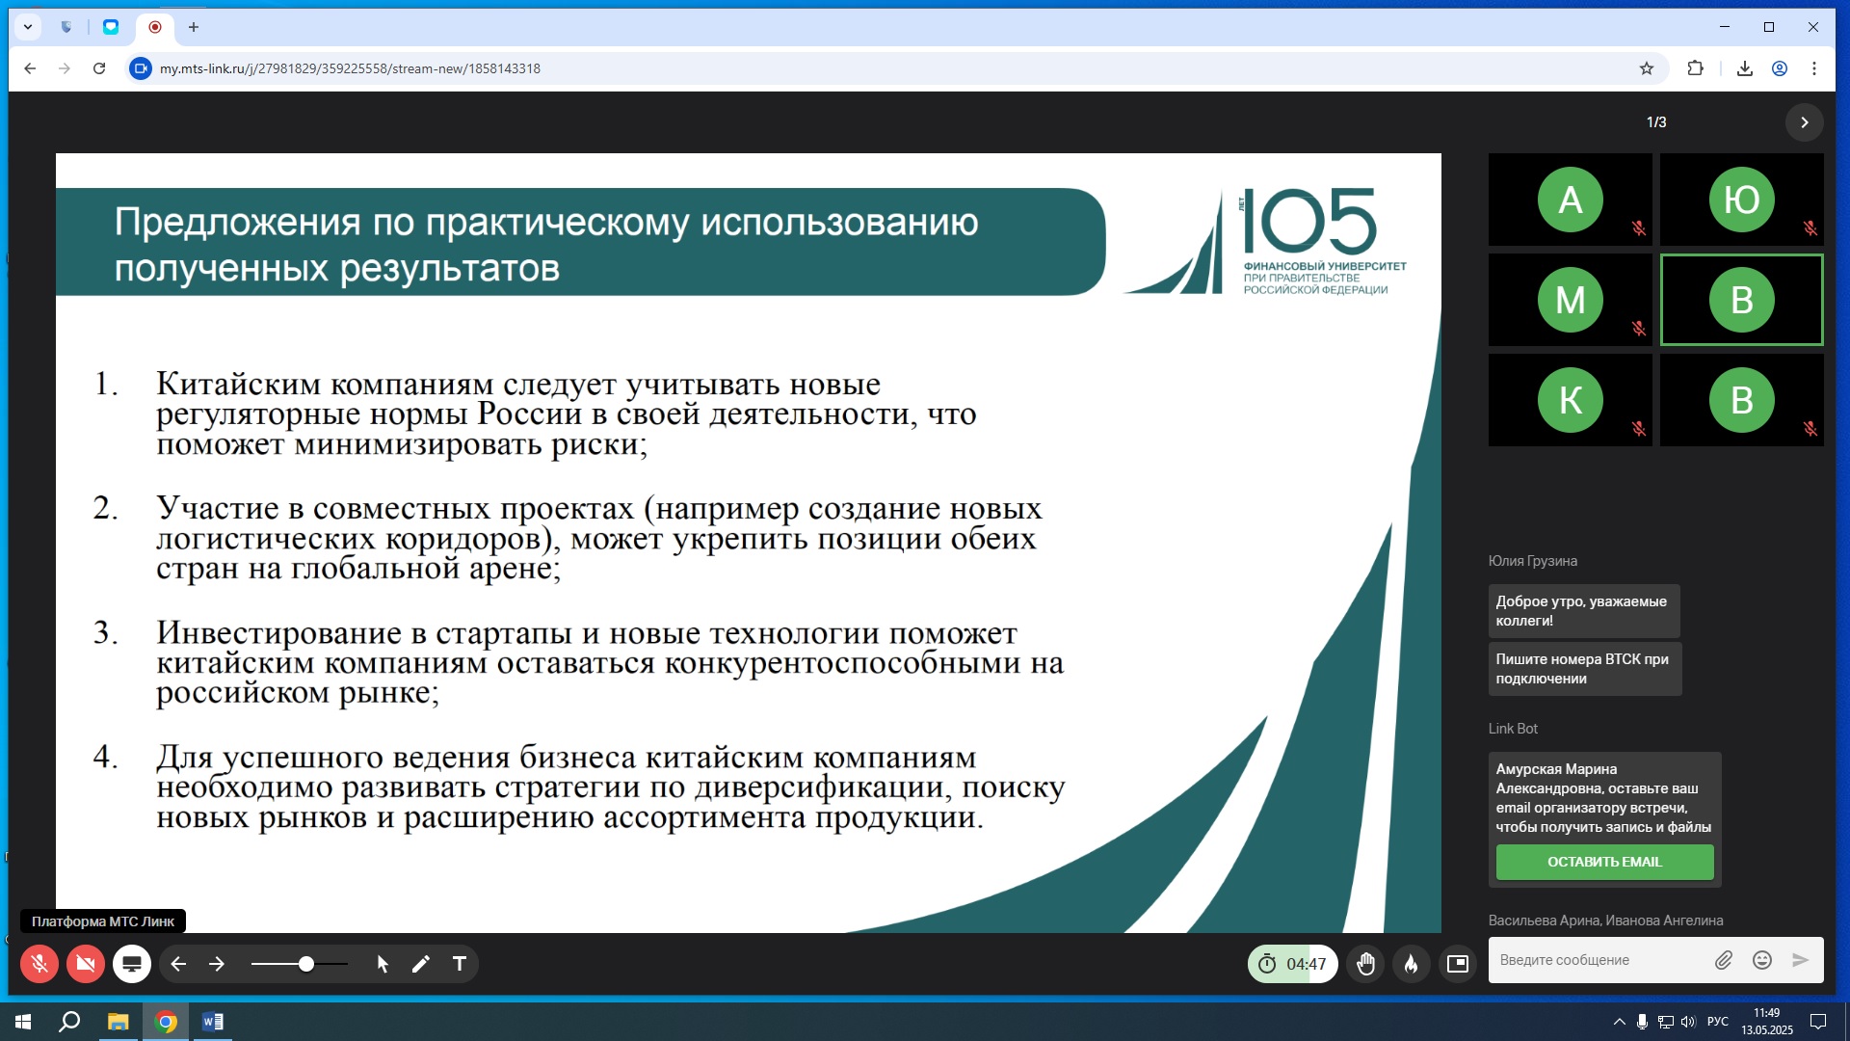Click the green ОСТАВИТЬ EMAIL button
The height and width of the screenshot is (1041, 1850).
point(1604,862)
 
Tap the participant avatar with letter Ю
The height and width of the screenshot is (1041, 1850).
point(1741,200)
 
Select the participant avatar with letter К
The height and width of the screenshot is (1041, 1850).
point(1571,400)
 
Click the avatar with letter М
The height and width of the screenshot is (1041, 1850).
point(1571,300)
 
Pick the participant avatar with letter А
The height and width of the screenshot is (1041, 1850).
point(1571,200)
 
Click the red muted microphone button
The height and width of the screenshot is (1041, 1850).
point(40,964)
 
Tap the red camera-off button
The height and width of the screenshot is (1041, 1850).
point(86,964)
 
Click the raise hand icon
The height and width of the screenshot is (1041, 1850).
point(1365,964)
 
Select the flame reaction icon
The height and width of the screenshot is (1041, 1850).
point(1412,964)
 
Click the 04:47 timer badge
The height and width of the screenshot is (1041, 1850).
point(1293,964)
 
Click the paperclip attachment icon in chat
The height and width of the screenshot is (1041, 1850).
point(1724,960)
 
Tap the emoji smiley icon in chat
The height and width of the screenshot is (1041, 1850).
point(1762,960)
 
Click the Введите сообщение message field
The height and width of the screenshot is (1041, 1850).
point(1599,960)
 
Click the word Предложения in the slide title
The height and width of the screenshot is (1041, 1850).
point(237,223)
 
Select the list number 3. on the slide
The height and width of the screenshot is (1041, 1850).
point(105,632)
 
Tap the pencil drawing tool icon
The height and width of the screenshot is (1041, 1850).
point(421,964)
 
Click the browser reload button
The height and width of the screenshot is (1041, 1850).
point(99,68)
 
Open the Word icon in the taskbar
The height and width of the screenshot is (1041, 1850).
point(213,1022)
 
